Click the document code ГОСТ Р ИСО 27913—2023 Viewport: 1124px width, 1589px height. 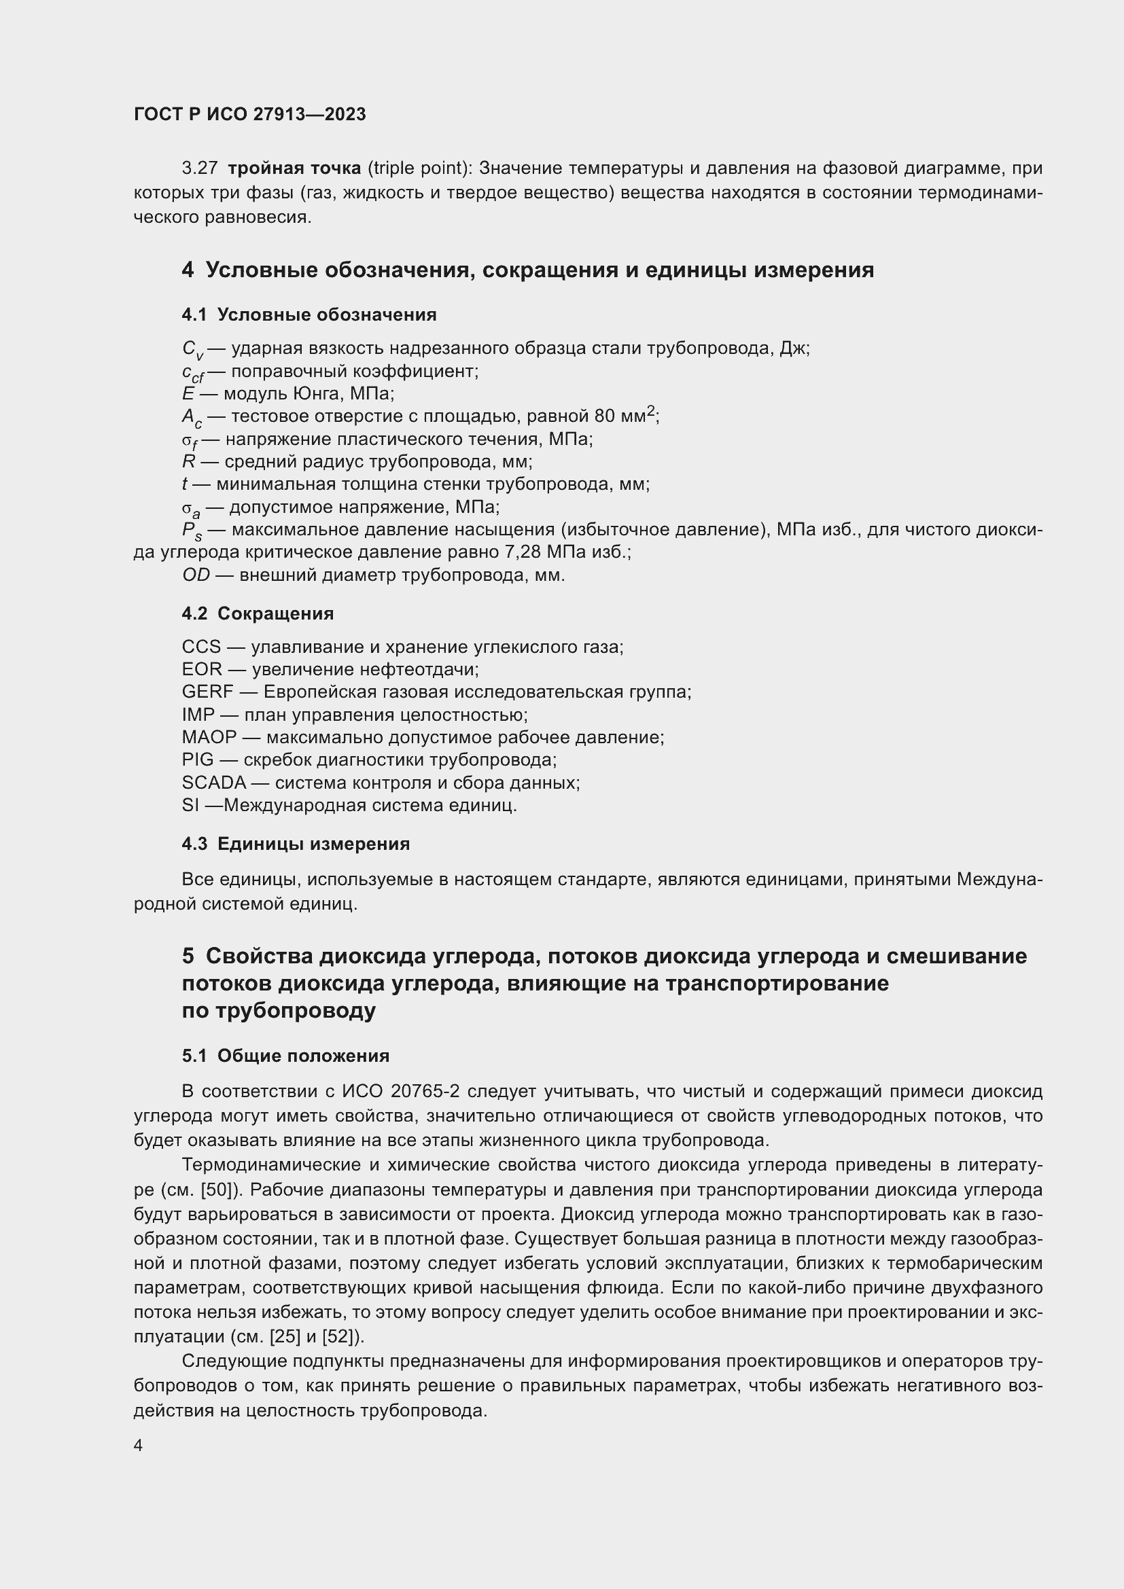(x=250, y=114)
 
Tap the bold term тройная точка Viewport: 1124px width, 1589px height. (x=294, y=168)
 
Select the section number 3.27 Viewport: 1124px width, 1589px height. (x=199, y=168)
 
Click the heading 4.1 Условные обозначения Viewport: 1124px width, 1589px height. (x=309, y=315)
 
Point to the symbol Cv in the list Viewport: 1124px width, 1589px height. (x=192, y=349)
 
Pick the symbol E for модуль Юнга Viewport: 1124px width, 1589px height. (x=188, y=394)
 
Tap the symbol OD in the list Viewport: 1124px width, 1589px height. (x=196, y=575)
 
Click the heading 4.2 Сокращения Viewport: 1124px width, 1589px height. (x=258, y=614)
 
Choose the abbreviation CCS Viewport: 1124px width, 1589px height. (x=201, y=647)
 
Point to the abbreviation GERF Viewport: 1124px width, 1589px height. (x=208, y=692)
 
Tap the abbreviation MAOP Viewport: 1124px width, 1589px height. (x=209, y=737)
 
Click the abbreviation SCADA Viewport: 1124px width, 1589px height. (x=214, y=783)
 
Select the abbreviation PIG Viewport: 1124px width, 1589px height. (x=198, y=760)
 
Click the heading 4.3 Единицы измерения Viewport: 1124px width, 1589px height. (x=296, y=844)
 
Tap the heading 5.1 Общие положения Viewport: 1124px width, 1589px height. (x=285, y=1056)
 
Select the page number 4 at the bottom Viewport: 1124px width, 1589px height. (x=139, y=1446)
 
